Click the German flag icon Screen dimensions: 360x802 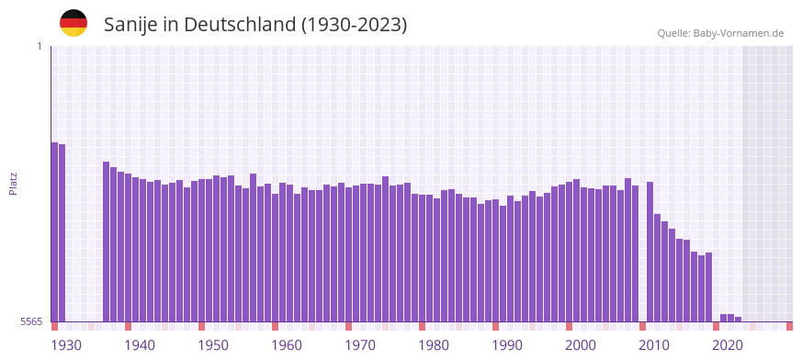pos(73,24)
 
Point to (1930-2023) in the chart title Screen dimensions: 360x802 pos(354,25)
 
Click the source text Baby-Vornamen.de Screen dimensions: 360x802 pos(739,34)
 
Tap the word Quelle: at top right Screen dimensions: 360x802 pos(673,34)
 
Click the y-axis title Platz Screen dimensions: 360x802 pos(13,184)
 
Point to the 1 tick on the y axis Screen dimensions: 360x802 pos(40,46)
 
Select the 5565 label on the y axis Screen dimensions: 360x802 pos(31,322)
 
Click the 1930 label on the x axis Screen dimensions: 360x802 pos(66,345)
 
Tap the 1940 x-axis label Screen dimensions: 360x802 pos(140,345)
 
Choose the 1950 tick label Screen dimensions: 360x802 pos(213,345)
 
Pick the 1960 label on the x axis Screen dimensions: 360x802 pos(287,345)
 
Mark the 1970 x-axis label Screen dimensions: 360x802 pos(360,345)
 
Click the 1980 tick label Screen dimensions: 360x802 pos(434,345)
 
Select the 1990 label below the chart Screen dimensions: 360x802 pos(507,345)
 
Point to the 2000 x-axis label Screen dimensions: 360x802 pos(581,345)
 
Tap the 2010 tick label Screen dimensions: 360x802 pos(654,345)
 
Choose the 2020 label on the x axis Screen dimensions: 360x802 pos(728,345)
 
